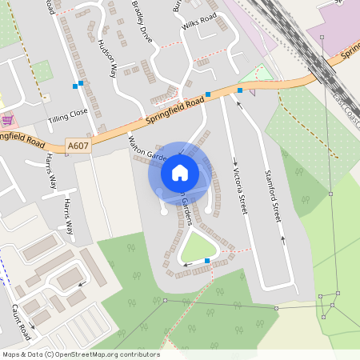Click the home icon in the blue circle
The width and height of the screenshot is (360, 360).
tap(180, 172)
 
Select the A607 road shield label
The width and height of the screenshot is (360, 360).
tap(78, 146)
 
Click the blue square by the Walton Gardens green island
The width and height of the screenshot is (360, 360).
tap(207, 261)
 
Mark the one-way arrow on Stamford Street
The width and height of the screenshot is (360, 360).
tap(282, 239)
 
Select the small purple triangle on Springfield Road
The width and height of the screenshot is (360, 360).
tap(253, 92)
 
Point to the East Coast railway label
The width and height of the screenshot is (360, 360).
tap(347, 109)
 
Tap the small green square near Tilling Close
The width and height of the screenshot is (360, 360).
tap(42, 70)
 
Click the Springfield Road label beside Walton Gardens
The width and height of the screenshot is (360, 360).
tap(173, 111)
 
